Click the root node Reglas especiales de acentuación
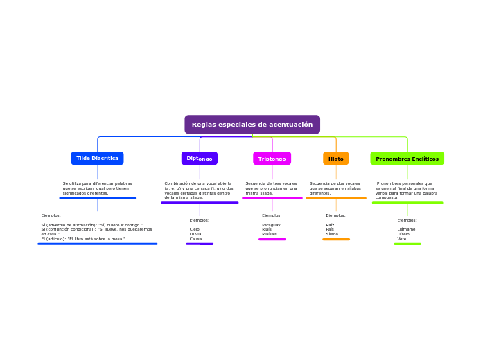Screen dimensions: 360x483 [x=252, y=125]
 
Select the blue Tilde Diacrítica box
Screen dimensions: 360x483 [x=97, y=159]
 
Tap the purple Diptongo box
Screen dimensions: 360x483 [x=200, y=159]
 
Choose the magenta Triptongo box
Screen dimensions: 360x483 [x=272, y=159]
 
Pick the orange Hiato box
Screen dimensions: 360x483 [x=335, y=159]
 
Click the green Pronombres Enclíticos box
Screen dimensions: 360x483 [x=407, y=159]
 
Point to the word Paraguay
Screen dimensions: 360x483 [x=271, y=225]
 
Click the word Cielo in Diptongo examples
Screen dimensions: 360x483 [x=195, y=229]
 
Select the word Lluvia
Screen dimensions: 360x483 [x=195, y=234]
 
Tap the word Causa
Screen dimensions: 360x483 [x=195, y=239]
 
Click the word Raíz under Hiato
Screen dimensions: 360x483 [x=330, y=225]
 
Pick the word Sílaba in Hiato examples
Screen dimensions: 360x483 [x=332, y=234]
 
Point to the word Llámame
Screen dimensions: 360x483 [x=406, y=229]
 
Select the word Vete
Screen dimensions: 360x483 [x=402, y=239]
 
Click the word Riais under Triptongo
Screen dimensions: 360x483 [x=267, y=229]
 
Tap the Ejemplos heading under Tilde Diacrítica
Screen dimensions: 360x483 [x=51, y=215]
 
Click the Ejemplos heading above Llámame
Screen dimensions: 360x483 [x=407, y=220]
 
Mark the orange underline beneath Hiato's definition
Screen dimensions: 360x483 [x=336, y=198]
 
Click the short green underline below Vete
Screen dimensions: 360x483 [x=407, y=244]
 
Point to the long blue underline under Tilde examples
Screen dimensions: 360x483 [x=97, y=244]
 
